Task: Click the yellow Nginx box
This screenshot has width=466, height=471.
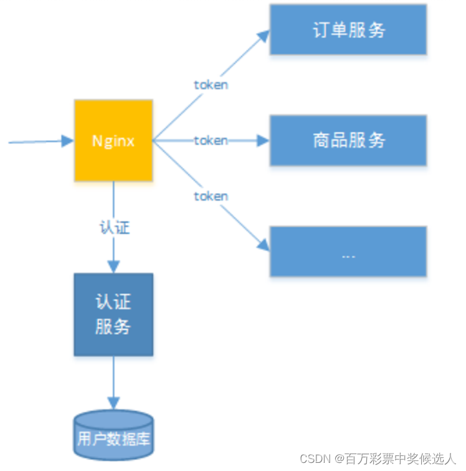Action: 113,141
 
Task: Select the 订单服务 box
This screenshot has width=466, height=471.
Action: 348,30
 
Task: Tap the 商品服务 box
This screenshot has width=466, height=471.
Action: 348,140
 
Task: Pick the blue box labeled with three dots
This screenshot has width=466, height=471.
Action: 348,252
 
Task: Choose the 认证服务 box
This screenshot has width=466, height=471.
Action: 113,315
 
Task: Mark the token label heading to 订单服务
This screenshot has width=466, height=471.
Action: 211,85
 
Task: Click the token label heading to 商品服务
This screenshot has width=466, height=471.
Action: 211,141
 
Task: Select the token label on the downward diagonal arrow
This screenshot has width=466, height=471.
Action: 211,196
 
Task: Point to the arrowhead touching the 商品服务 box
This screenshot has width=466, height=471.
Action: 264,141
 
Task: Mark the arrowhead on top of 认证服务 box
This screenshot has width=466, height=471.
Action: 113,267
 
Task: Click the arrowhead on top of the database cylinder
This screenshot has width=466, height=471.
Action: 113,404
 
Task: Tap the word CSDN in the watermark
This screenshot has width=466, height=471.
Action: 313,459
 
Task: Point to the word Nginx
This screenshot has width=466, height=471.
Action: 113,141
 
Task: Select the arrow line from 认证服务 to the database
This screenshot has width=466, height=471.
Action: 113,377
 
